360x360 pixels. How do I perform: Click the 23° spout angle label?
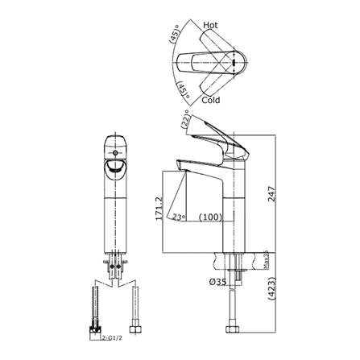pos(180,217)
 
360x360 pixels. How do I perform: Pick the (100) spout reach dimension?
pos(211,217)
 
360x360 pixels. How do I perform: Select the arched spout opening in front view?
pos(114,167)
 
